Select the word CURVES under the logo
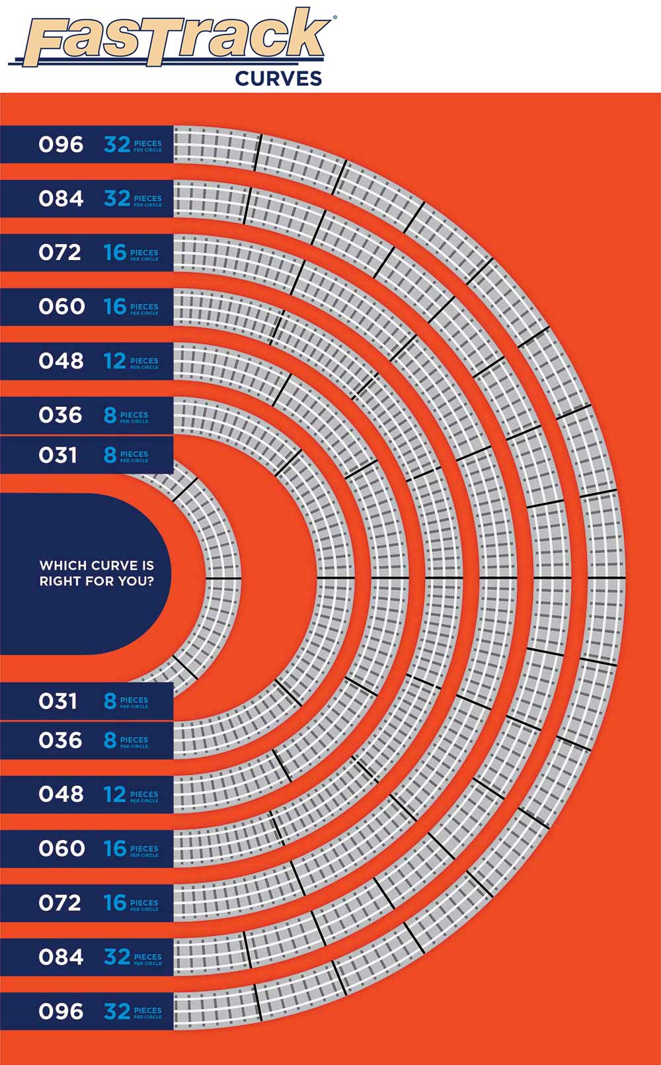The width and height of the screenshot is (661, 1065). pos(278,79)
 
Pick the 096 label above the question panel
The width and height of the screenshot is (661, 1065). pos(61,144)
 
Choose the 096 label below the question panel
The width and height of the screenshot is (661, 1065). pos(61,1011)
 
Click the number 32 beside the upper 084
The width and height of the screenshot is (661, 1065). pos(117,198)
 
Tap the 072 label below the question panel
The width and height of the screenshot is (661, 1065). pos(59,902)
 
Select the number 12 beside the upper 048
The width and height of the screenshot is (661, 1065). pos(114,361)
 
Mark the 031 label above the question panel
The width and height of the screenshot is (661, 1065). pos(58,455)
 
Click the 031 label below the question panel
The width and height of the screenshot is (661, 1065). pos(58,701)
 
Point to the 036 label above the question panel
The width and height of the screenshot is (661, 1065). pos(60,415)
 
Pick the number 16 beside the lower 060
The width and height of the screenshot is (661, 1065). pos(114,848)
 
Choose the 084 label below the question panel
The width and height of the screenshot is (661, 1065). pos(61,957)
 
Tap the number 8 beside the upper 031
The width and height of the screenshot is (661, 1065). pos(110,455)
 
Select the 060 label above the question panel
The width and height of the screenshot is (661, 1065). pos(61,307)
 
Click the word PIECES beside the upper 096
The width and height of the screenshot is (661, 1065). pos(147,142)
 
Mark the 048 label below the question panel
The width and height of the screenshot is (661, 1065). pos(61,794)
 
